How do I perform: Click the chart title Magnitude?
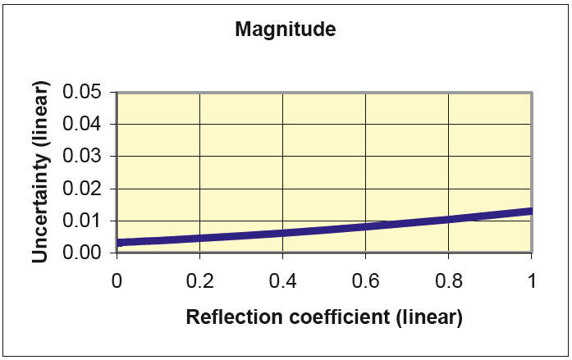(285, 30)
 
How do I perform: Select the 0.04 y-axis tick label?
(81, 124)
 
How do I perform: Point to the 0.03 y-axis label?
(81, 156)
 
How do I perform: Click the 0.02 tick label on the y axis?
(81, 188)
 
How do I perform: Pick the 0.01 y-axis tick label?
(81, 221)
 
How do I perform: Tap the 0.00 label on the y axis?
(81, 253)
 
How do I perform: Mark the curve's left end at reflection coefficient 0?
(117, 243)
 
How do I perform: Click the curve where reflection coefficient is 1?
(531, 212)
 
